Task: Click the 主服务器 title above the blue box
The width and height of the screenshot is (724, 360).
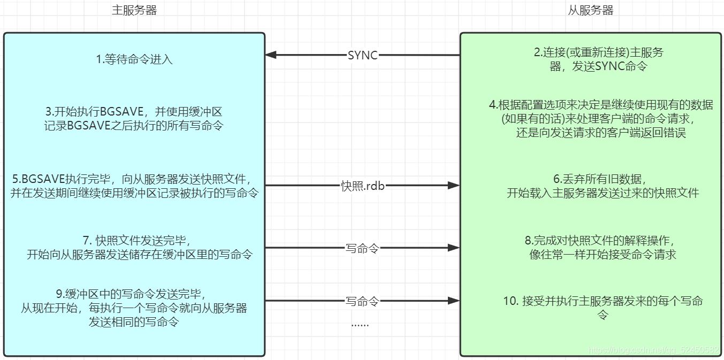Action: [x=134, y=10]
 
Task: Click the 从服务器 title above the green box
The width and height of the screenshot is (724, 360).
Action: [x=590, y=10]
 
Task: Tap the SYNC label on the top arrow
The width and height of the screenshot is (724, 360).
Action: [x=362, y=55]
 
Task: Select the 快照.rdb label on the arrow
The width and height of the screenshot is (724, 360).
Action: [x=362, y=186]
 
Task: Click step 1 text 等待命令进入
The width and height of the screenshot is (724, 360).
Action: [x=134, y=59]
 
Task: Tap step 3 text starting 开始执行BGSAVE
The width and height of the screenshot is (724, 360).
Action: [x=134, y=119]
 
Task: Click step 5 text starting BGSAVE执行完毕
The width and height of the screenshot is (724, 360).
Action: [x=134, y=186]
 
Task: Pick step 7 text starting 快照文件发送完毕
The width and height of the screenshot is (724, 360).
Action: [x=140, y=247]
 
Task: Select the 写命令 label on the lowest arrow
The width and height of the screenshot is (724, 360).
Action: [x=362, y=301]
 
